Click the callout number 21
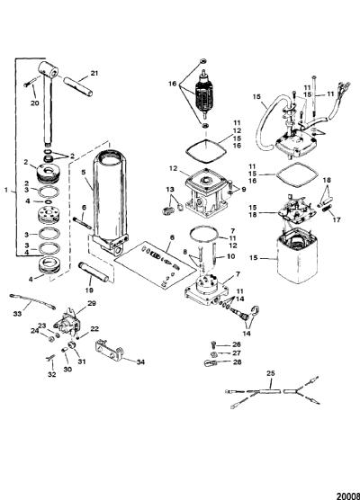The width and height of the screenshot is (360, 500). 94,73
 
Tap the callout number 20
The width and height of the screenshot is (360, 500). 35,103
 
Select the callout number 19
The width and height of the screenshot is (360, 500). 89,290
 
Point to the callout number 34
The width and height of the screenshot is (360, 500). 140,362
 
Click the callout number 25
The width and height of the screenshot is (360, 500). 271,373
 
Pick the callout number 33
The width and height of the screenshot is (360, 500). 17,314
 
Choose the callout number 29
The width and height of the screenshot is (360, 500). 92,303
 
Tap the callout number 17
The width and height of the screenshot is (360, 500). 337,219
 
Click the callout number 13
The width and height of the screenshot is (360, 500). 170,190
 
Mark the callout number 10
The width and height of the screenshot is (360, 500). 230,256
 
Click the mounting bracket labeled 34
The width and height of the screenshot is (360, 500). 109,350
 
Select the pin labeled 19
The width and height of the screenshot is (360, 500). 94,272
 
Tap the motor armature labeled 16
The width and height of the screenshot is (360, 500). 203,94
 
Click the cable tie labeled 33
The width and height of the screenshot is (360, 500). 32,301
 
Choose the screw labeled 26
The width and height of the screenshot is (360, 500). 214,344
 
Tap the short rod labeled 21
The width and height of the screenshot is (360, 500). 78,85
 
